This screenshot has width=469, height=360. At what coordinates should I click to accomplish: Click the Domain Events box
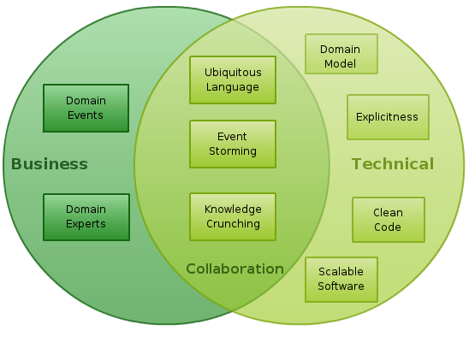tap(86, 108)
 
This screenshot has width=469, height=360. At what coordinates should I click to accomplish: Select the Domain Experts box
tap(86, 217)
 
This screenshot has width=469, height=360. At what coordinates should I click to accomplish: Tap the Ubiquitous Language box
tap(233, 80)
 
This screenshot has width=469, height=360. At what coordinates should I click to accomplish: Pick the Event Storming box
tap(233, 144)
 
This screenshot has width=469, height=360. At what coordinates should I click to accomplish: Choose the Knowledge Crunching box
tap(233, 216)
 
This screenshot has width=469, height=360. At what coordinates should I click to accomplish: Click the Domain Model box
tap(341, 54)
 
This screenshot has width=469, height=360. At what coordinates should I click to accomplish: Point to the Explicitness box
tap(388, 117)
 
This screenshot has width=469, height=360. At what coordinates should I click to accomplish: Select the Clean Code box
tap(389, 220)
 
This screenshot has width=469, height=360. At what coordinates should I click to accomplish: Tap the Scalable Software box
tap(341, 280)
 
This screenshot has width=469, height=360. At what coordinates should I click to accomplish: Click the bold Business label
tap(50, 164)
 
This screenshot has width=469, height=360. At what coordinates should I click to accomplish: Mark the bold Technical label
tap(393, 164)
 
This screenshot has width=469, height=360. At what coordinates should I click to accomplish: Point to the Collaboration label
tap(234, 269)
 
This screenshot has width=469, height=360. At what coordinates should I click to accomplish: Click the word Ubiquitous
tap(233, 73)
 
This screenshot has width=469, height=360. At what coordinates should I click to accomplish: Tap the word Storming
tap(233, 151)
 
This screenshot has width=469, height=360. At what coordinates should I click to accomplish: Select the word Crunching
tap(233, 224)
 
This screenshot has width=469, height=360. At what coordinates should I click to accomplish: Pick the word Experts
tap(86, 224)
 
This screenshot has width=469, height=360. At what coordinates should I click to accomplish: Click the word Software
tap(341, 286)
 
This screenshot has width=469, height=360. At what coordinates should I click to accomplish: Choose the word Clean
tap(388, 213)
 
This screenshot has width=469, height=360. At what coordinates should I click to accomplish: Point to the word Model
tap(340, 64)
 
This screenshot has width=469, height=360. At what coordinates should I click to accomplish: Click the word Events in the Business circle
tap(86, 115)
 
